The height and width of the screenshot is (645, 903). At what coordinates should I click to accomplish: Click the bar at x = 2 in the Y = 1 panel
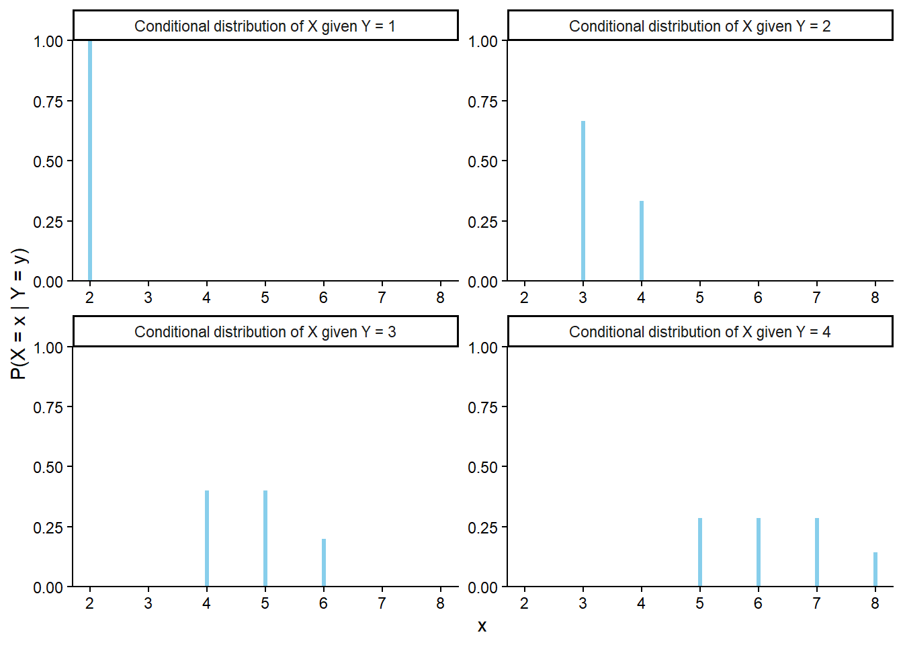click(90, 161)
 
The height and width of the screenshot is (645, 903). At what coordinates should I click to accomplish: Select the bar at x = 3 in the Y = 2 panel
click(583, 201)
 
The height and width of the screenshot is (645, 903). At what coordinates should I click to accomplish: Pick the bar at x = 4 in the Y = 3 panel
click(207, 538)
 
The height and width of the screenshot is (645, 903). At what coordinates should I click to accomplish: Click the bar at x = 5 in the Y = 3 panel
click(265, 538)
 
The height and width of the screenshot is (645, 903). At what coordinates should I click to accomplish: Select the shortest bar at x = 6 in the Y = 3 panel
click(324, 562)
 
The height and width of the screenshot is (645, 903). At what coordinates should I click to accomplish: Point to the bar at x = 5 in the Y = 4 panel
click(700, 552)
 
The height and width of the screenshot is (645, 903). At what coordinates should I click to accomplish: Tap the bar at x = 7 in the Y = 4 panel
click(817, 552)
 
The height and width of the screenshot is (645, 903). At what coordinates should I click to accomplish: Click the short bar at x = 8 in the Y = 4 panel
click(875, 570)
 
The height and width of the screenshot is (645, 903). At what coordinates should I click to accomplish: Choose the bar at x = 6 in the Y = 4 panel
click(759, 552)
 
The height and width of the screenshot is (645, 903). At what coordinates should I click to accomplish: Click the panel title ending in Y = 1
click(265, 26)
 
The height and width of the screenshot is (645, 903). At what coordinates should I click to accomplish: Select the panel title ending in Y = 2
click(699, 26)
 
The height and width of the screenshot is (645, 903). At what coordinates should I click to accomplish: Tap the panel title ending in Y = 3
click(265, 332)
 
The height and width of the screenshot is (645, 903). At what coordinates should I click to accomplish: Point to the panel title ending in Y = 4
click(699, 332)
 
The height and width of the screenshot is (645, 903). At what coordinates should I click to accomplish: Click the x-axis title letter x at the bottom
click(482, 626)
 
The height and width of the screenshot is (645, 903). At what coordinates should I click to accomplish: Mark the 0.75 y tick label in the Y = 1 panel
click(48, 101)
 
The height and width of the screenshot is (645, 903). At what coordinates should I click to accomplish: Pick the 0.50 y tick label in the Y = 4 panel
click(482, 467)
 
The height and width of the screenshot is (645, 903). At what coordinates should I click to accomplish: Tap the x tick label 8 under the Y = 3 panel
click(440, 603)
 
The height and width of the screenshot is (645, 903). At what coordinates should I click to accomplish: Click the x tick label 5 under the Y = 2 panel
click(699, 298)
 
